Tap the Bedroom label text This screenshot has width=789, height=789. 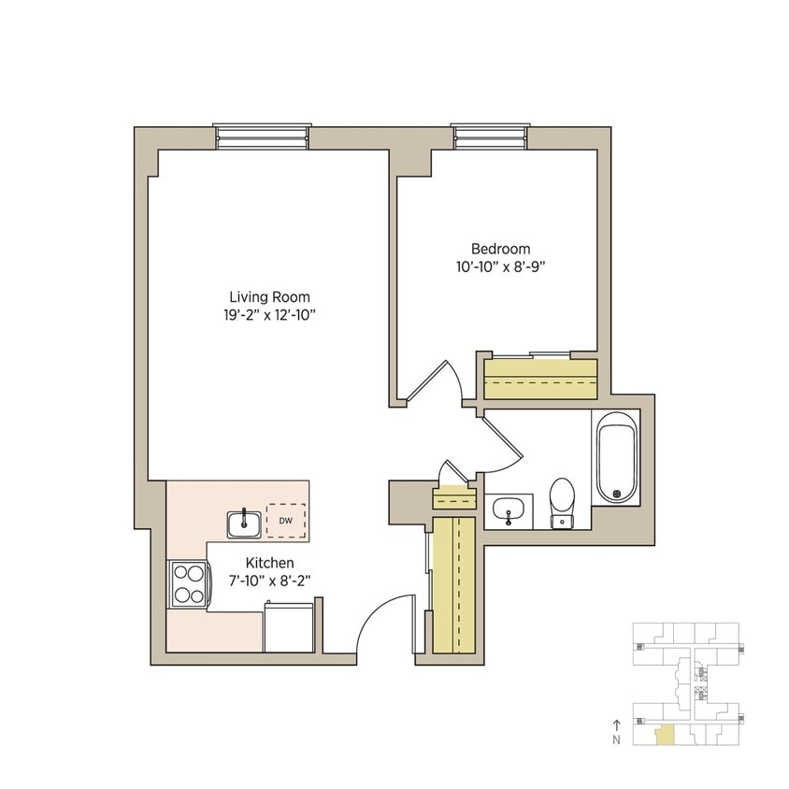pos(500,249)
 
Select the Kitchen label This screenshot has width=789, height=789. pos(270,563)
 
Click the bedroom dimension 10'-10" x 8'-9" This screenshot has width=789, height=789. pos(500,266)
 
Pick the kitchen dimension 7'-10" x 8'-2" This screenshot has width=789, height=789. pos(270,581)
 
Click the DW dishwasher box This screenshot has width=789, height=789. pos(286,520)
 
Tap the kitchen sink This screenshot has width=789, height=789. pos(245,523)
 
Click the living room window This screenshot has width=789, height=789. pos(262,136)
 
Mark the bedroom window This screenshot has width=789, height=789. pos(492,136)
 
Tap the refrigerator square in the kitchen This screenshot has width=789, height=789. pos(289,627)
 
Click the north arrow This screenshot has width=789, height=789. pos(616,724)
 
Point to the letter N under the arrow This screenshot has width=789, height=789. pos(616,740)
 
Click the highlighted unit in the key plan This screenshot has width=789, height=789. pos(662,736)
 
